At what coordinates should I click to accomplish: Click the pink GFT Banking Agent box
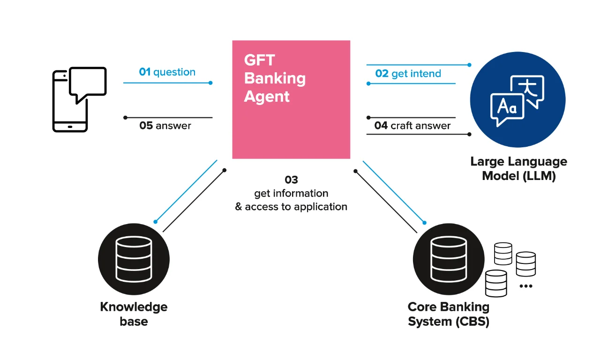pos(291,99)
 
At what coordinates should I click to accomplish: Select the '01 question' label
pos(167,72)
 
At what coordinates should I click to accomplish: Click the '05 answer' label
pos(165,126)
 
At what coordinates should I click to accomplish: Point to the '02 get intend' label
pos(408,74)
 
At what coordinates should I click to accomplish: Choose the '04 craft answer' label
pos(412,126)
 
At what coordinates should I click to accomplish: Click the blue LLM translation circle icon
pos(517,99)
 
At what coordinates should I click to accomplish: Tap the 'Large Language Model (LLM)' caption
pos(518,169)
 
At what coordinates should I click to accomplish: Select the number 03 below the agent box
pos(291,180)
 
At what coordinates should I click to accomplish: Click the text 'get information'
pos(291,193)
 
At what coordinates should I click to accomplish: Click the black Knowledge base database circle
pos(134,259)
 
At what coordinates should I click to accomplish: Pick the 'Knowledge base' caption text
pos(134,314)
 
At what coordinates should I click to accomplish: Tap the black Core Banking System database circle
pos(449,259)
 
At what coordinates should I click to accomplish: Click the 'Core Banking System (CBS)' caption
pos(449,314)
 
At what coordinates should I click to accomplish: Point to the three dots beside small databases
pos(526,286)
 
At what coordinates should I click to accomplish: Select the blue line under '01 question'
pos(166,83)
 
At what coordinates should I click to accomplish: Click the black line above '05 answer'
pos(169,117)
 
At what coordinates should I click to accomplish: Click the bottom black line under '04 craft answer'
pos(417,135)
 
